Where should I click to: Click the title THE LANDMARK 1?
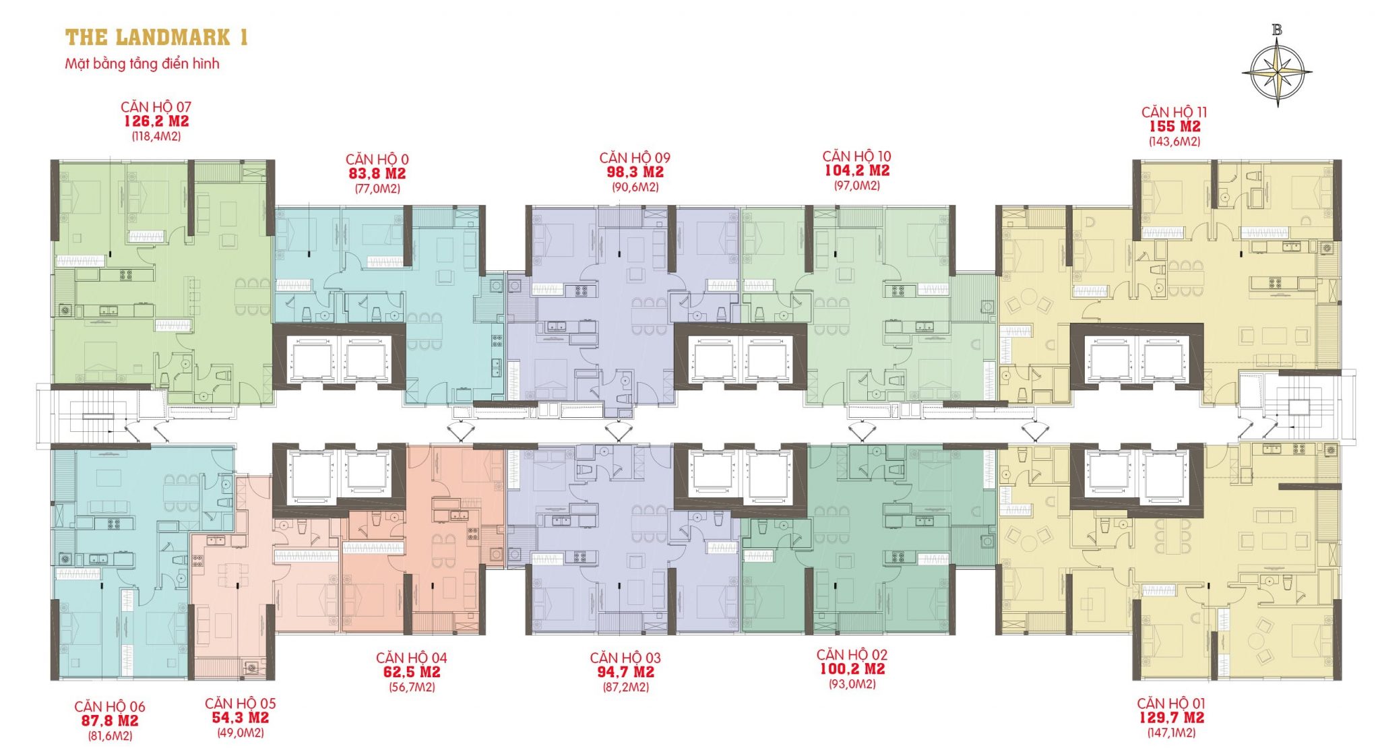[x=156, y=37]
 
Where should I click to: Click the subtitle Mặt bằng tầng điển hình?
[x=142, y=64]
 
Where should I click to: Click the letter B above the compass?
[x=1277, y=30]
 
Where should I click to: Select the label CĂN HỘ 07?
[x=156, y=106]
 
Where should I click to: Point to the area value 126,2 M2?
[x=156, y=121]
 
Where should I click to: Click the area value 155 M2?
[x=1174, y=127]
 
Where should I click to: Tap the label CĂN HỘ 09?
[x=635, y=158]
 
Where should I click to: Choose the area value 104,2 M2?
[x=857, y=170]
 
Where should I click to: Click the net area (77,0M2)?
[x=377, y=189]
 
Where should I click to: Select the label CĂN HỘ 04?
[x=411, y=658]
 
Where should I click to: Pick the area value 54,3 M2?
[x=241, y=718]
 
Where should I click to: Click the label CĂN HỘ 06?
[x=110, y=706]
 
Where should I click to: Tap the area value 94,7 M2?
[x=625, y=672]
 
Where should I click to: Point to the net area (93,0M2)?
[x=852, y=684]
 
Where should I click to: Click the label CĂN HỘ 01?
[x=1171, y=704]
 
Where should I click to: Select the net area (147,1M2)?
[x=1171, y=733]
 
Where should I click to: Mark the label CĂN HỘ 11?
[x=1174, y=112]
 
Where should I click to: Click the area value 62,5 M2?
[x=411, y=673]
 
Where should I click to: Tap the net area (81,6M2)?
[x=110, y=736]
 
